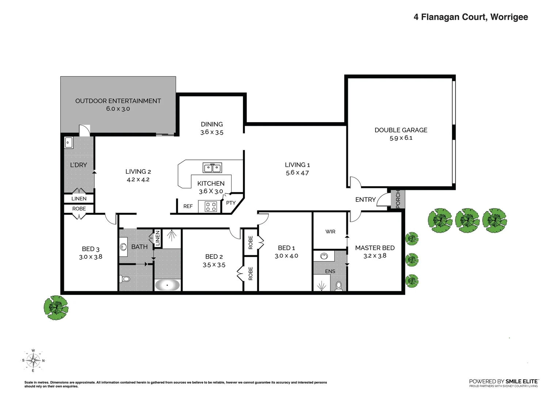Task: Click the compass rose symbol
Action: coord(33,361)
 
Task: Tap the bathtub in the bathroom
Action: coord(167,285)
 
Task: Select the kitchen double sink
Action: coord(212,168)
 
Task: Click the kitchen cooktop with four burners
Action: coord(211,207)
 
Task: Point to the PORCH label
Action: coord(398,199)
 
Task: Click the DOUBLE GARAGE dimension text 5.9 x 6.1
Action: coord(401,138)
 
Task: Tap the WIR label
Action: coord(330,232)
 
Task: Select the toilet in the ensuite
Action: coord(339,285)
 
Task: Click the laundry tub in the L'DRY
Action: coord(69,143)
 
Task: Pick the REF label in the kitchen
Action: coord(188,206)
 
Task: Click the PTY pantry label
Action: coord(231,203)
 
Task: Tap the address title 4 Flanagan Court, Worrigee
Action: coord(471,17)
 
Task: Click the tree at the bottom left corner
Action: coord(56,308)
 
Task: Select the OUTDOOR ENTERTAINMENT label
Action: coord(118,101)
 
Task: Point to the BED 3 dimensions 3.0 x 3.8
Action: coord(91,257)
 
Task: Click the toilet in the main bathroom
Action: coord(125,279)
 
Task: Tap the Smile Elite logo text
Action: coord(503,381)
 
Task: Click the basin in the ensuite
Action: coord(324,256)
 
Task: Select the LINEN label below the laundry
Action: coord(79,199)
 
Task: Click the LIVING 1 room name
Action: coord(297,165)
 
